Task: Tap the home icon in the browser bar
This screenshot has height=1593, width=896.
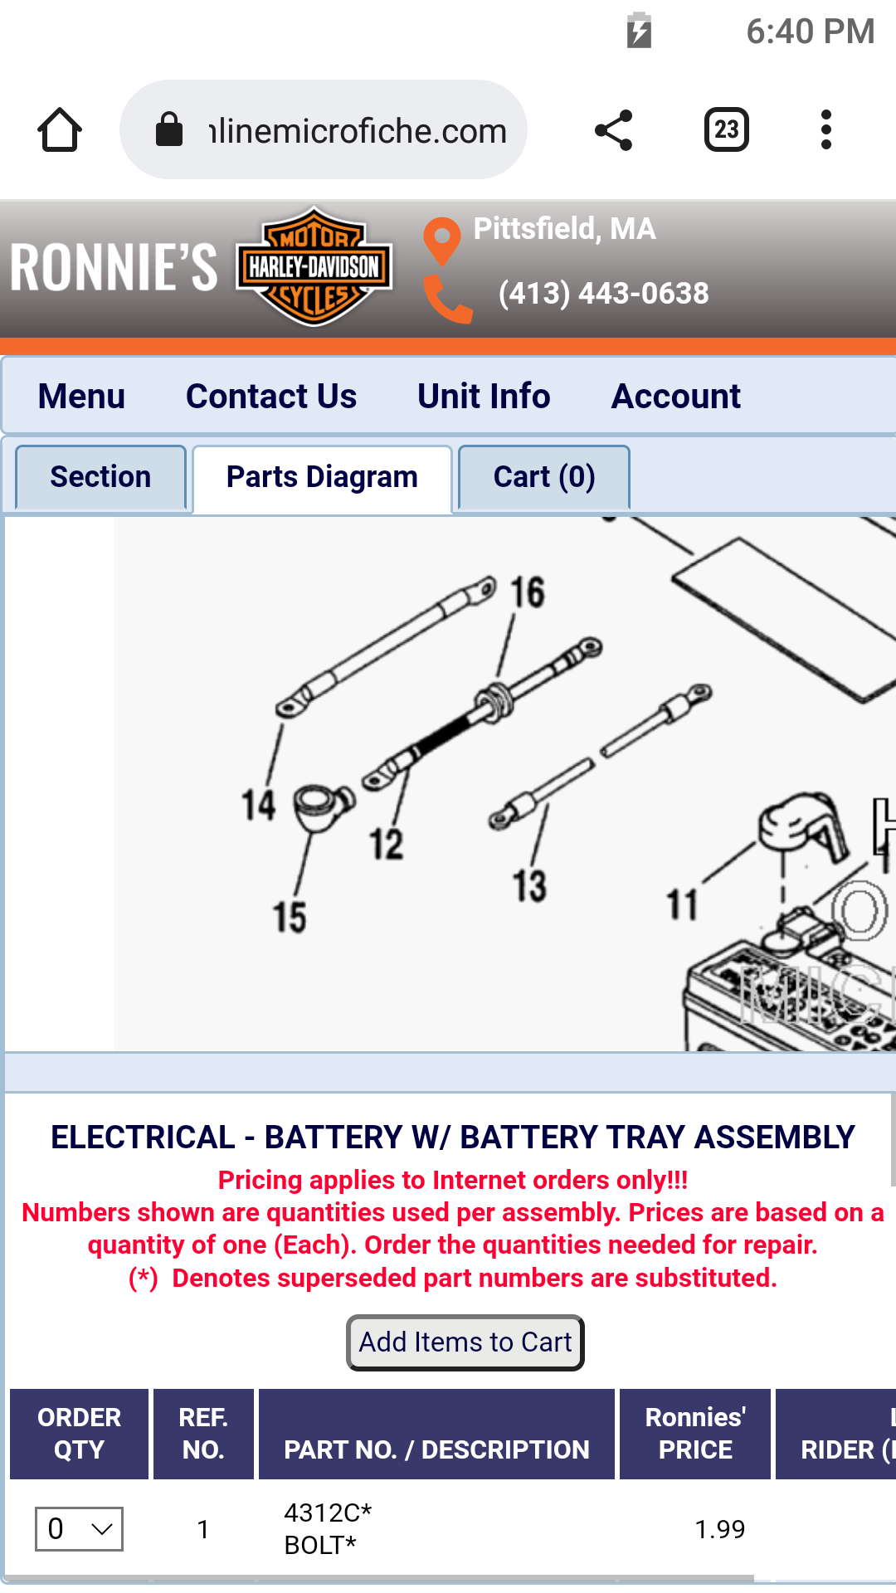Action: pos(60,129)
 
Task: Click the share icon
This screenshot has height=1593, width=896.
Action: pos(614,130)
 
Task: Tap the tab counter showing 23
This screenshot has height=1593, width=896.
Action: pos(727,129)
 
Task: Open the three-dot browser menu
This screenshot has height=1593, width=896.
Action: pos(825,129)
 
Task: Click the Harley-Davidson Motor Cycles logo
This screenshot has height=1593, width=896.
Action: pos(314,266)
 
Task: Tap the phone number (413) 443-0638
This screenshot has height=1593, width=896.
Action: pos(603,293)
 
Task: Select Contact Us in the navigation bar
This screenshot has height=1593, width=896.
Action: pos(271,396)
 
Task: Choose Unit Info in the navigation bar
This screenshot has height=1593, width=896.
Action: pos(484,396)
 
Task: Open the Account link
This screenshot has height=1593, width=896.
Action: pos(676,396)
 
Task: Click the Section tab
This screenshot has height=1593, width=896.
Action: pos(100,477)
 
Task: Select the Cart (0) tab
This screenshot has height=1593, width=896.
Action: pos(544,477)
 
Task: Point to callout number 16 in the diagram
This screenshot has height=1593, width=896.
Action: pos(528,592)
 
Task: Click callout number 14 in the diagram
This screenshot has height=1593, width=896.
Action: pos(258,805)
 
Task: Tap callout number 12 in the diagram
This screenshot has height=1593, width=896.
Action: pos(387,844)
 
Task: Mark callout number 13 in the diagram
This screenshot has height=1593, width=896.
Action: pos(529,885)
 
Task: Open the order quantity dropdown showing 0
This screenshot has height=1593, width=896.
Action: pos(79,1529)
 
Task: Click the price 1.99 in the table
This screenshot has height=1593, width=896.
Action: pos(719,1529)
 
